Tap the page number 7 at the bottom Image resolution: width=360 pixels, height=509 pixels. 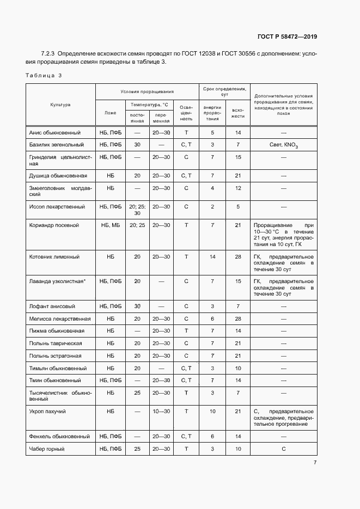(315, 463)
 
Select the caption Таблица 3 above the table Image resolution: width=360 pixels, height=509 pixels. (44, 75)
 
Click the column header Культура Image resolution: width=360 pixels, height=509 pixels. (60, 105)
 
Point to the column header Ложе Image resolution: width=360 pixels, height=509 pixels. (111, 113)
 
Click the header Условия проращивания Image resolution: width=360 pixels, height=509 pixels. (147, 91)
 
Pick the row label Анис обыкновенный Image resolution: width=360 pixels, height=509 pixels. (54, 133)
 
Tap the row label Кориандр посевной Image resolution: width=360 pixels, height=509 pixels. (54, 225)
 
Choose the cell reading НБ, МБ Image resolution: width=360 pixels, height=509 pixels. (111, 225)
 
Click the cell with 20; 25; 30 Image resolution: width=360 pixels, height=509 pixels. (137, 210)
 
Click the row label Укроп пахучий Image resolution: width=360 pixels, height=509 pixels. (51, 411)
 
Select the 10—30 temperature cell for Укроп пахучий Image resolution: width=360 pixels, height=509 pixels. (161, 411)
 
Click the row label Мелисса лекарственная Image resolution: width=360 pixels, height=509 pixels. (60, 319)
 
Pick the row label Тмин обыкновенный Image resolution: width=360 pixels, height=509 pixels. (55, 381)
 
